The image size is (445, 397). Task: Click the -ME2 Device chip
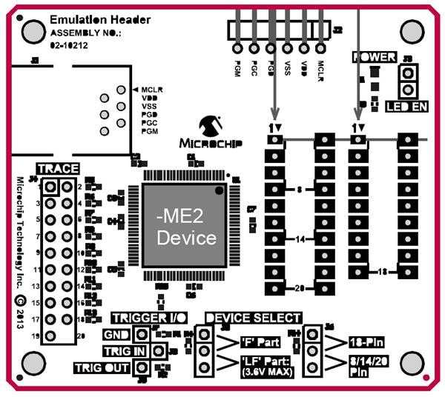[185, 226]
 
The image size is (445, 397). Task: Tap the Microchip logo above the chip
[207, 133]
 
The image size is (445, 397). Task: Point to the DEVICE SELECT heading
[253, 318]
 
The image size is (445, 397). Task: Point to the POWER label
[374, 57]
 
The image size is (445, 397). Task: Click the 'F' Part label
[260, 342]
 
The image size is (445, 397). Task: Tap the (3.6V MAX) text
[265, 372]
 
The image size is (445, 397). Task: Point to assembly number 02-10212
[69, 45]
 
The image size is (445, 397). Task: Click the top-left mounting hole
[33, 30]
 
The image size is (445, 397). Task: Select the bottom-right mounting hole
[413, 364]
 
